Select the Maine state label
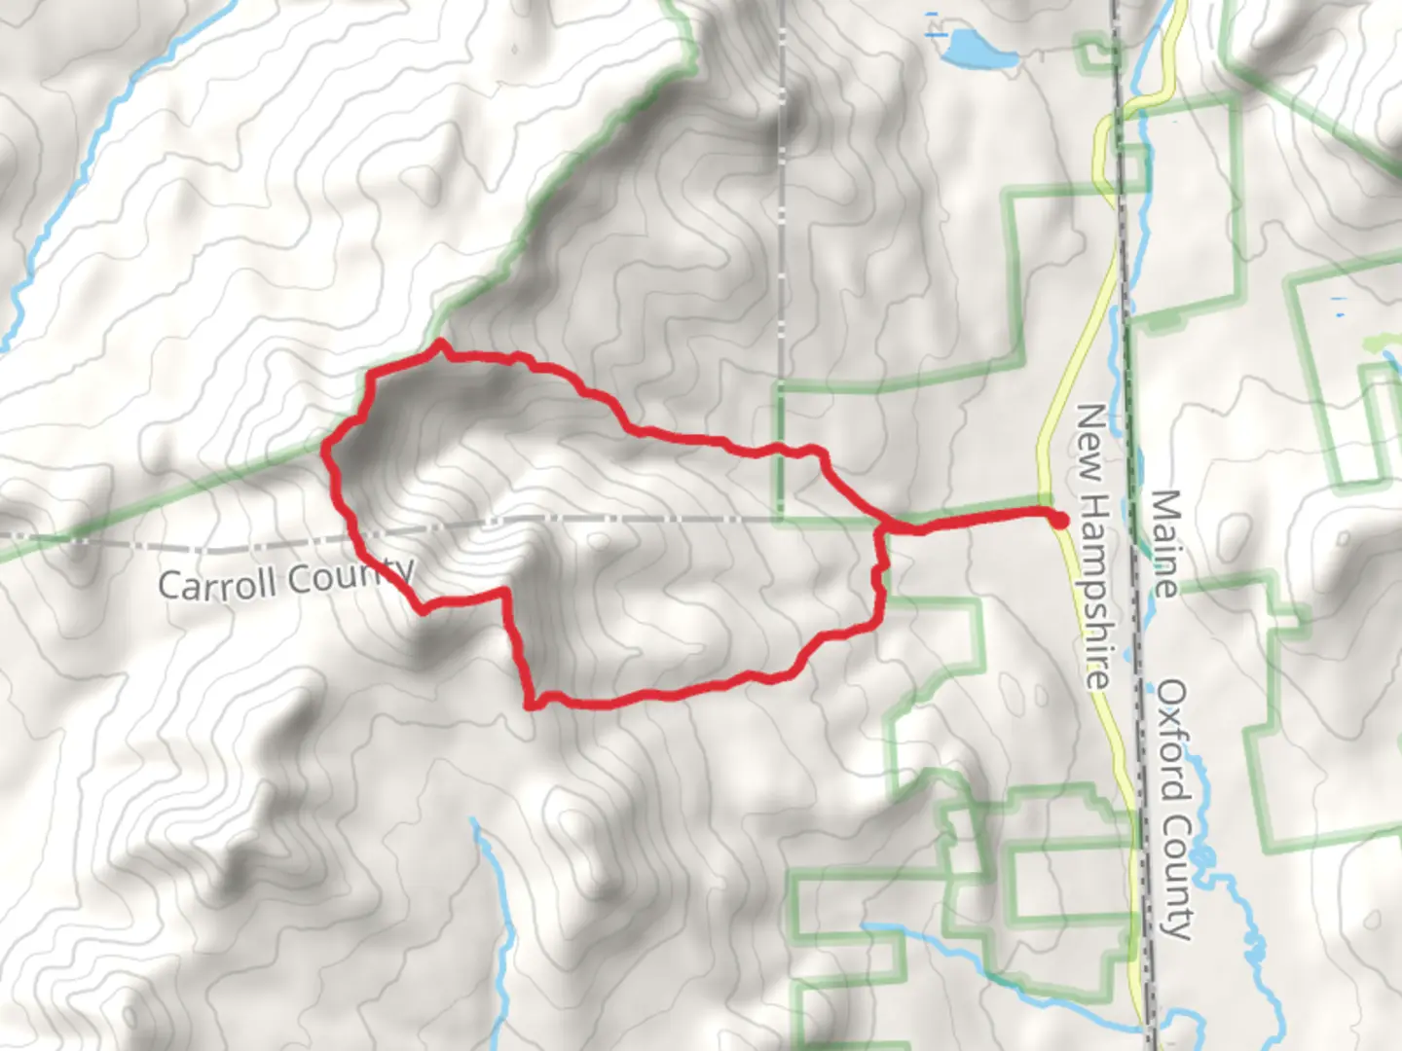pos(1163,543)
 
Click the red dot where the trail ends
pos(1059,521)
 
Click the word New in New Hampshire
pos(1088,437)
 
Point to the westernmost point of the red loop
pos(325,450)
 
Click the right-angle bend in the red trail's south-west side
pos(506,592)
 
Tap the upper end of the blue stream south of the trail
pos(475,823)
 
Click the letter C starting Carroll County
pos(168,586)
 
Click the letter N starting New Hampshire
pos(1088,418)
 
